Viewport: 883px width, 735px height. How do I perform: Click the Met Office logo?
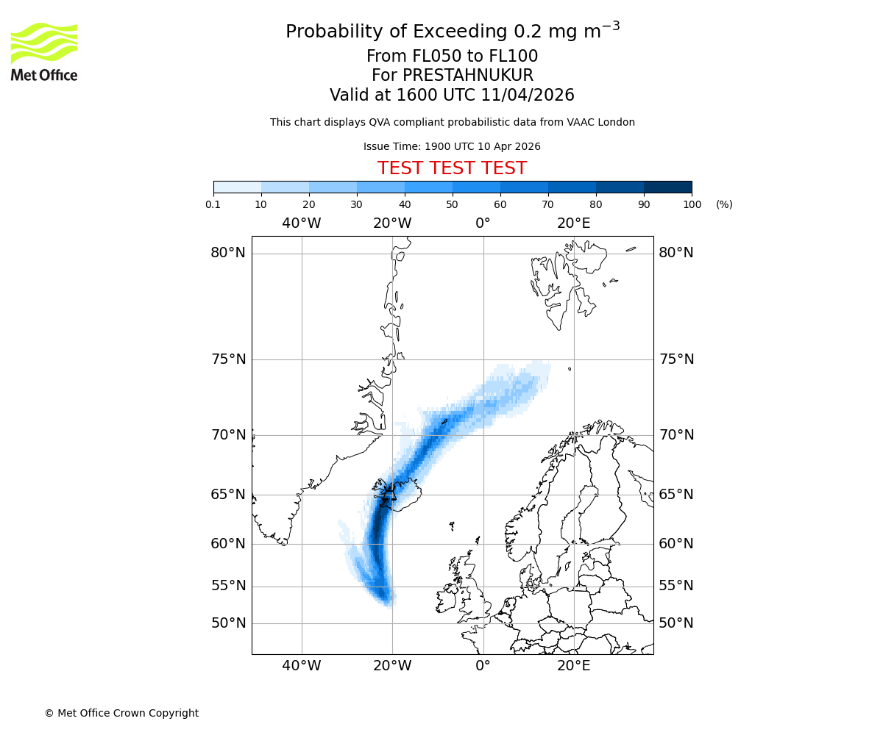coord(44,51)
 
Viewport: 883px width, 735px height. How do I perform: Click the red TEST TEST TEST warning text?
coord(452,169)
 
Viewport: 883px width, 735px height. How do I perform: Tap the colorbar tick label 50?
coord(453,205)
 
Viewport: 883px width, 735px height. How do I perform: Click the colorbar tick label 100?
coord(692,205)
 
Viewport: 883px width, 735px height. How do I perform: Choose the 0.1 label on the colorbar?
coord(213,205)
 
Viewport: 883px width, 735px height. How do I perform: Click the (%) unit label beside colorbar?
coord(724,205)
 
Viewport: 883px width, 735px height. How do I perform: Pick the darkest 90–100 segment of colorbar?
coord(667,187)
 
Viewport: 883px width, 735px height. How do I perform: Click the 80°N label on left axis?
coord(228,253)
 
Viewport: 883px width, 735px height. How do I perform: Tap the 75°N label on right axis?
coord(676,359)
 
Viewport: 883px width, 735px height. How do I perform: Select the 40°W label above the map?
coord(302,223)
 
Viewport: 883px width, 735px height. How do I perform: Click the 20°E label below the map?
coord(574,666)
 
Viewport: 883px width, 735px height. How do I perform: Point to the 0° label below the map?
coord(483,666)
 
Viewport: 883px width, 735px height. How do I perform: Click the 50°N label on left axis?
coord(228,623)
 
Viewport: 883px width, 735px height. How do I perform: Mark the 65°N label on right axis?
coord(676,495)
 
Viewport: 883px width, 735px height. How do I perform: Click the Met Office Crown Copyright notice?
coord(121,713)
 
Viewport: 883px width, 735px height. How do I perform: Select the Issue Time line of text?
coord(452,147)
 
